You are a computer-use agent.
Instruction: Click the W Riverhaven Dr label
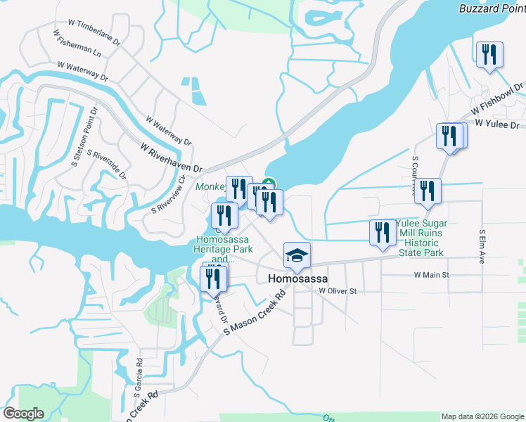171,158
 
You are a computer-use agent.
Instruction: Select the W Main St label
431,275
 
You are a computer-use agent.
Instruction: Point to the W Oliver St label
338,290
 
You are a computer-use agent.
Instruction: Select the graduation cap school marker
297,256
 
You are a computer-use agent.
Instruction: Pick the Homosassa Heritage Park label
222,245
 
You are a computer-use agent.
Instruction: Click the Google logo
23,414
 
